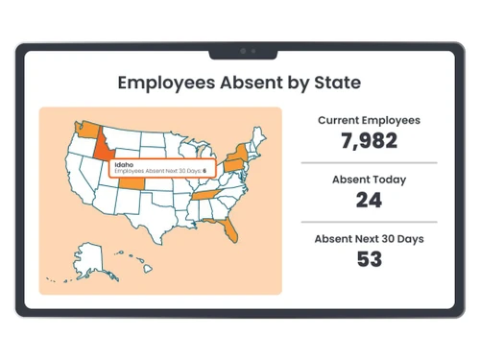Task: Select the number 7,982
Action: pyautogui.click(x=369, y=141)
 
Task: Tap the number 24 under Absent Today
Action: pyautogui.click(x=369, y=200)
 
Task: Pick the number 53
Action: pyautogui.click(x=369, y=258)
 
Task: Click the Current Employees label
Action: pyautogui.click(x=369, y=121)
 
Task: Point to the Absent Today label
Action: pyautogui.click(x=369, y=180)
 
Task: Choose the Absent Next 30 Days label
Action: pyautogui.click(x=370, y=238)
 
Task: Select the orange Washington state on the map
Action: pyautogui.click(x=82, y=127)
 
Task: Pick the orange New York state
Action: pyautogui.click(x=236, y=153)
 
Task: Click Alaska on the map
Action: pyautogui.click(x=88, y=257)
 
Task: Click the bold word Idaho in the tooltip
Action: pyautogui.click(x=124, y=164)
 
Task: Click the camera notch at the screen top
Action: pyautogui.click(x=248, y=50)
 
